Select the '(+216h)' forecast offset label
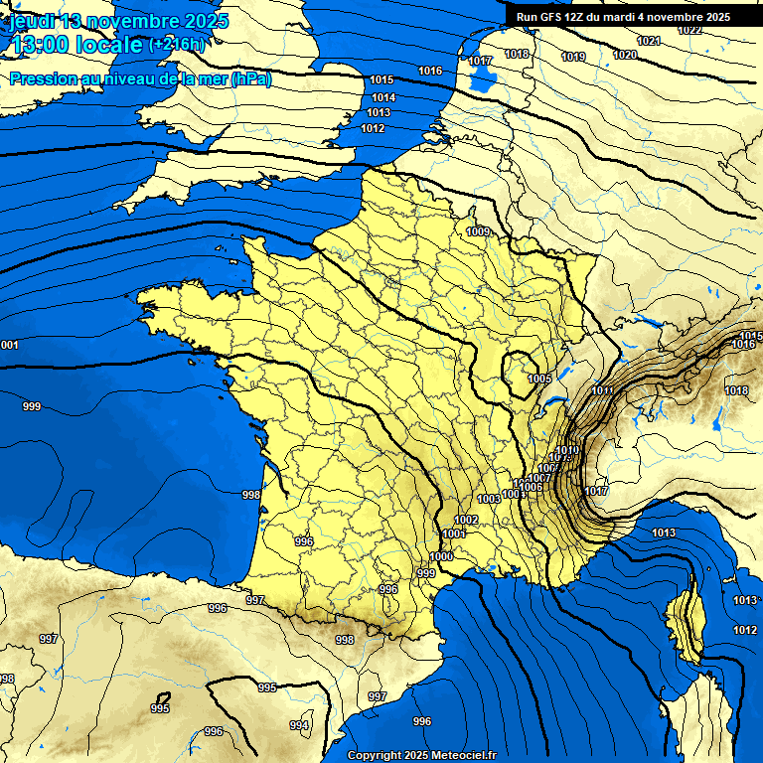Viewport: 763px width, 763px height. coord(176,45)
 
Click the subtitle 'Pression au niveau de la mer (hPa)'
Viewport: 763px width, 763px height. coord(140,79)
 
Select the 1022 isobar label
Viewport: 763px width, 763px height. coord(689,30)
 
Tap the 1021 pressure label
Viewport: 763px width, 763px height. coord(648,41)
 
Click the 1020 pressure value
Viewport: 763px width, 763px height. coord(624,55)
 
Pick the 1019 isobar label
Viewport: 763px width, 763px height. coord(573,57)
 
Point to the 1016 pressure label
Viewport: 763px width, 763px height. coord(430,71)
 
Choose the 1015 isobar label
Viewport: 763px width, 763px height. coord(381,79)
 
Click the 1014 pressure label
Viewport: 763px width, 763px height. coord(383,97)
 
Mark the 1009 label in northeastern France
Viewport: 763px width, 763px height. coord(478,231)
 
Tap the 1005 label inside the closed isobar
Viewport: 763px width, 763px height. coord(539,379)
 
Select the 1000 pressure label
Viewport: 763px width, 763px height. coord(441,556)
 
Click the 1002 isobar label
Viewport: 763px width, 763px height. coord(466,520)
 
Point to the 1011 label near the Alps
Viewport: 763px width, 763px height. coord(602,390)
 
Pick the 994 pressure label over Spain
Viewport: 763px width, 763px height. coord(299,725)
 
